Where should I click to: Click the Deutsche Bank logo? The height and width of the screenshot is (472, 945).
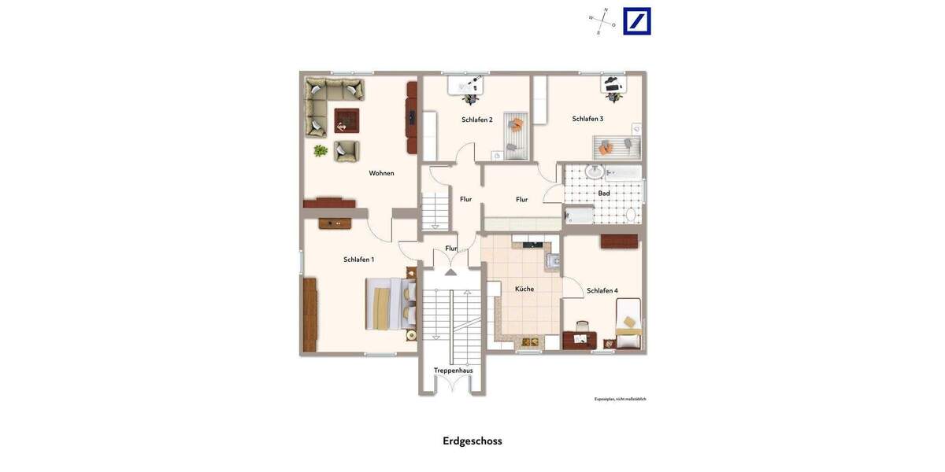637,21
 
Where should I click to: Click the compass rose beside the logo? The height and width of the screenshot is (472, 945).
602,21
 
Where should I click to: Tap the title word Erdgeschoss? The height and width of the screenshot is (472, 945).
472,441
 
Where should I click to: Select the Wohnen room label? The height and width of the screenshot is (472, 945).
381,173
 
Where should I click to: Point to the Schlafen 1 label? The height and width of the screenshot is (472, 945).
358,260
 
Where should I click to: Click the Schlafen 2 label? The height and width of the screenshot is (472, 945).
476,120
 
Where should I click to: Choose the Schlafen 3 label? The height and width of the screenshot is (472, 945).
587,119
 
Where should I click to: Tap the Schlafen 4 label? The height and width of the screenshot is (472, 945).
602,291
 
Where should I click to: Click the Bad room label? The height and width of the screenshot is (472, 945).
604,193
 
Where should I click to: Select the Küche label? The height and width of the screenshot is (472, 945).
524,289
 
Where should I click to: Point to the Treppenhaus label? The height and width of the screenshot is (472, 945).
453,371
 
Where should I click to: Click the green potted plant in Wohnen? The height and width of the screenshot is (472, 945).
321,149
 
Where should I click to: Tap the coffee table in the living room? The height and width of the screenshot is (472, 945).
346,120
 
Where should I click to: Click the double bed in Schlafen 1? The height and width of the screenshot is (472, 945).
391,304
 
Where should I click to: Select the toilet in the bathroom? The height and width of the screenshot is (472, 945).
631,214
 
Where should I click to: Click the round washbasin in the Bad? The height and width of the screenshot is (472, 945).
595,171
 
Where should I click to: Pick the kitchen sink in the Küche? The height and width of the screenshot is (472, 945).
554,260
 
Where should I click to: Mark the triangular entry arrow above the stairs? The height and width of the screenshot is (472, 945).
450,272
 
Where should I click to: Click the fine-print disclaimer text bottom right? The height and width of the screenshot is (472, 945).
620,399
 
